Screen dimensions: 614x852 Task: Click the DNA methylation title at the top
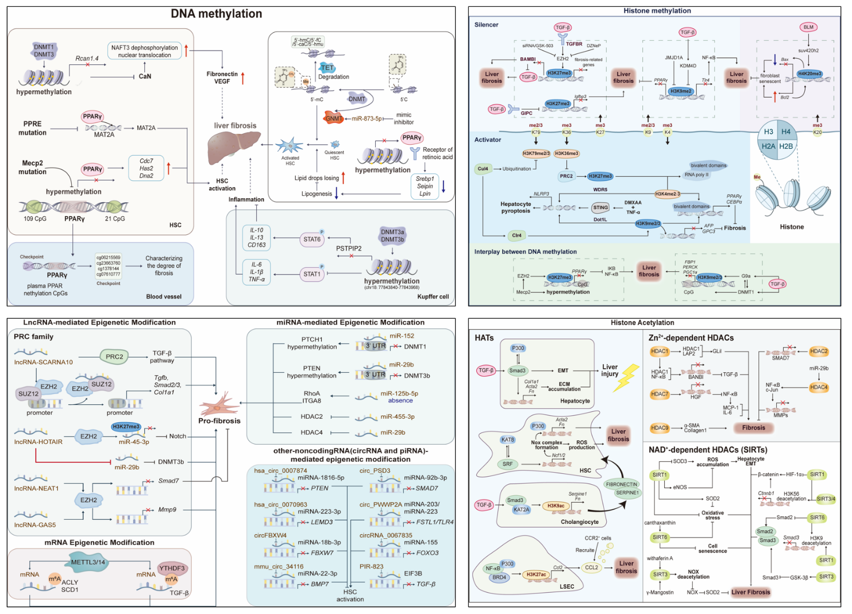coord(216,14)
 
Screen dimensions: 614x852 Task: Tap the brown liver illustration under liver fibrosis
coord(233,148)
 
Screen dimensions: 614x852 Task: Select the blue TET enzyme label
coord(327,68)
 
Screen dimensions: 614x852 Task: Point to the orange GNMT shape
coord(333,118)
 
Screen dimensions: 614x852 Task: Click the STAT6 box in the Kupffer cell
coord(312,240)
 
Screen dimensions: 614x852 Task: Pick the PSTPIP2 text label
coord(349,249)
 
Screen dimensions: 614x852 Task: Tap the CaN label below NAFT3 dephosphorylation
coord(145,76)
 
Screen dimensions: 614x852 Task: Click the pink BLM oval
coord(808,27)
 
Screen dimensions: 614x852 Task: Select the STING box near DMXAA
coord(600,207)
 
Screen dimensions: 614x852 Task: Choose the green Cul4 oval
coord(483,169)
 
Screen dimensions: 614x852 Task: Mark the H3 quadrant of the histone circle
coord(768,132)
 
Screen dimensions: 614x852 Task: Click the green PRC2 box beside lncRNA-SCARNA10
coord(114,357)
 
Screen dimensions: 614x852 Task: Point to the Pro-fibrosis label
coord(219,421)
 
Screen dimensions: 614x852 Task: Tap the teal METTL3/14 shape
coord(88,563)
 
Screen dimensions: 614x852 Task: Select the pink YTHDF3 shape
coord(172,569)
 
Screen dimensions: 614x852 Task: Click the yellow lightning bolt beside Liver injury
coord(626,377)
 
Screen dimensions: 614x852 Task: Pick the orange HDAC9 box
coord(660,428)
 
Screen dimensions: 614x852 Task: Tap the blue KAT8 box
coord(508,440)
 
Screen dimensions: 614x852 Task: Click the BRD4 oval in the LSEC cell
coord(499,577)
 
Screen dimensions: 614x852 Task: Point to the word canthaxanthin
coord(660,523)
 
